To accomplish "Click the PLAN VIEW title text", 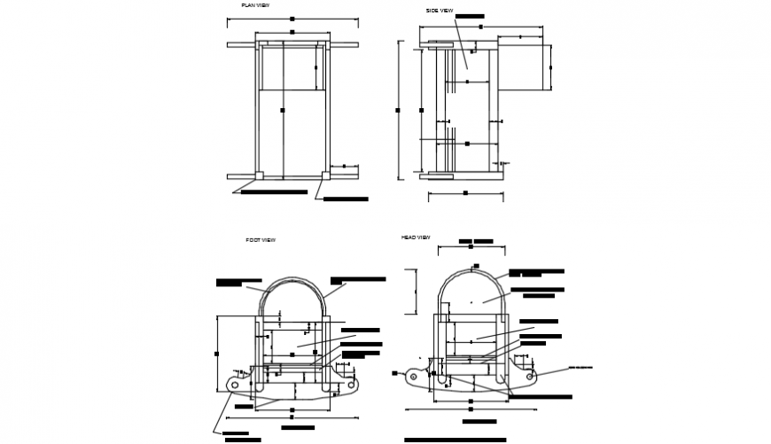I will click(255, 5).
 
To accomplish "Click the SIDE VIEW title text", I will click(440, 11).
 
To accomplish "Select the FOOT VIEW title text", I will click(261, 240).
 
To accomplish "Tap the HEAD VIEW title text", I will click(416, 238).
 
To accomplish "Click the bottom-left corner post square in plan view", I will click(259, 175).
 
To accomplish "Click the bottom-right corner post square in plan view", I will click(324, 175).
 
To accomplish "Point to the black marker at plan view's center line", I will click(282, 110).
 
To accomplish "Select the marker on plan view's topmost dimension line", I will click(292, 18).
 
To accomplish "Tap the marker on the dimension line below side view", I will click(465, 192).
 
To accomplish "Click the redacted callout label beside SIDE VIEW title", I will click(470, 16).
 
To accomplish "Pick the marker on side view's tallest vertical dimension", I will click(398, 110).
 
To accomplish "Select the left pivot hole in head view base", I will click(413, 377).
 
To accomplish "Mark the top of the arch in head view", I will click(474, 269).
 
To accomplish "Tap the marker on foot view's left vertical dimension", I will click(217, 354).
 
